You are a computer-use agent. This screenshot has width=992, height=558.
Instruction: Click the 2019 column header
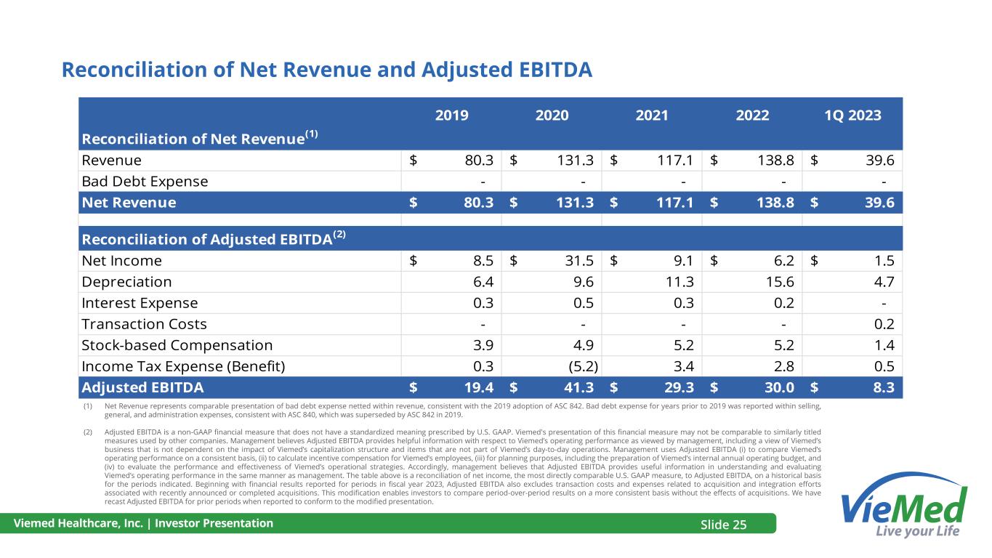pos(452,115)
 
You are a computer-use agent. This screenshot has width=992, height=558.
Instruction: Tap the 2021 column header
pos(652,115)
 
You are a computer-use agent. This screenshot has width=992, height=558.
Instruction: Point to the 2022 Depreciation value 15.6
pos(775,282)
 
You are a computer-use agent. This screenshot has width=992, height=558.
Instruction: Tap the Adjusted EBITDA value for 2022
pos(775,387)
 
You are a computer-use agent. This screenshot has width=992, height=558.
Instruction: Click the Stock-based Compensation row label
pos(177,345)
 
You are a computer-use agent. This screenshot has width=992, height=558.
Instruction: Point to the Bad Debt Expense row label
pos(145,181)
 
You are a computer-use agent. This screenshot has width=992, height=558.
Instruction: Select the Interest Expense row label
pos(140,303)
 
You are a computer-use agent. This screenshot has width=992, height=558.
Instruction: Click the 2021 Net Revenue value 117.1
pos(674,203)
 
